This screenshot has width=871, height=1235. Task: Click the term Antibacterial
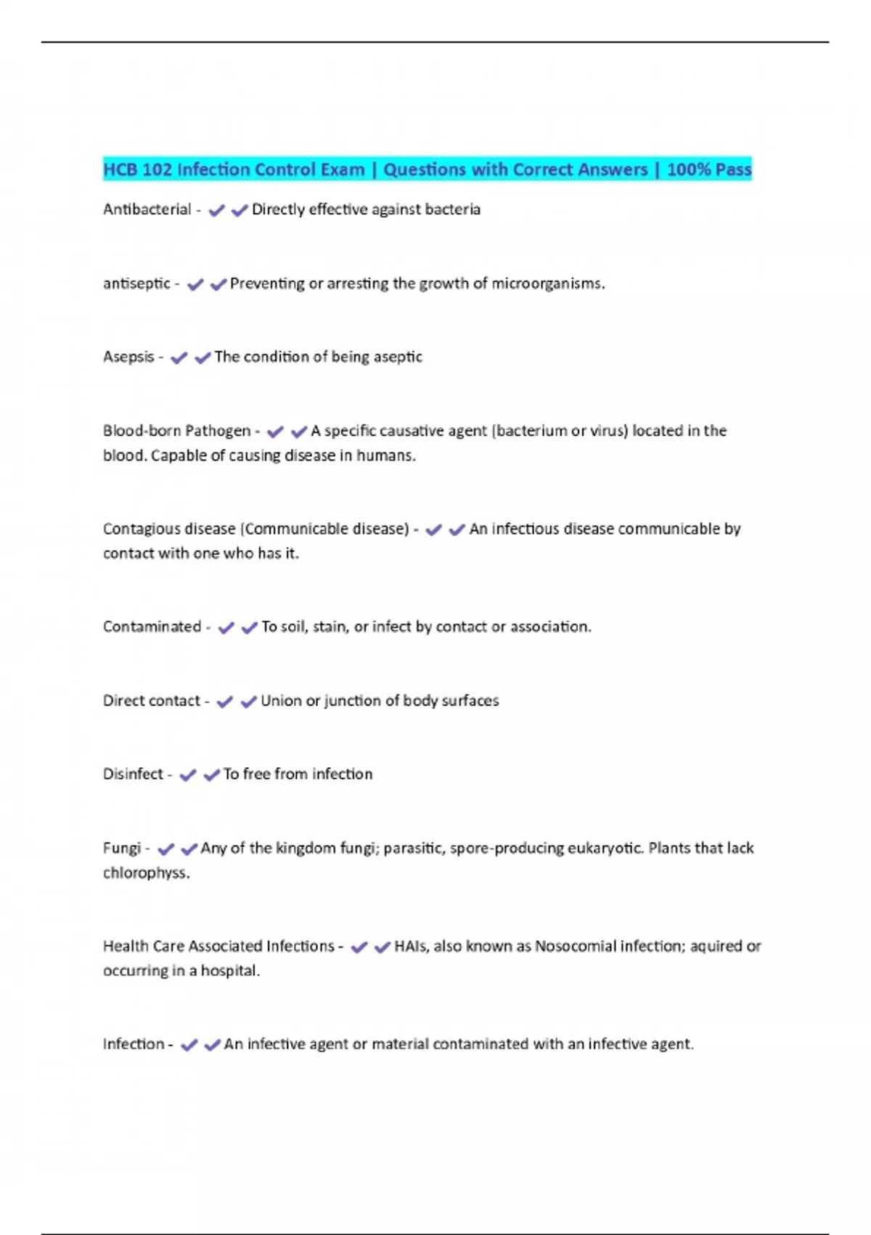[x=147, y=209]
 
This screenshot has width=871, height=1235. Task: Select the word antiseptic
[x=136, y=283]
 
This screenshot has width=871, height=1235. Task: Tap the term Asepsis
[x=128, y=357]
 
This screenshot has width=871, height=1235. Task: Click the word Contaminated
[x=152, y=626]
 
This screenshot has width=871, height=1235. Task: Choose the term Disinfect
[x=133, y=774]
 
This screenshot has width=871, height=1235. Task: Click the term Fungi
[x=121, y=848]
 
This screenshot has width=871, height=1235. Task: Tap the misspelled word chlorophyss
[x=145, y=872]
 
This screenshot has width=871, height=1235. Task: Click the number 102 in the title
[x=157, y=169]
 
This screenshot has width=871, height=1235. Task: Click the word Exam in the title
[x=343, y=169]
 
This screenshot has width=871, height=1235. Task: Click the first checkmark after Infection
[x=189, y=1045]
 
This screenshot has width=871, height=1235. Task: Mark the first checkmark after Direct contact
[x=225, y=702]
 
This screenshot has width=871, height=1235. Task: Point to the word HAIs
[x=411, y=946]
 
